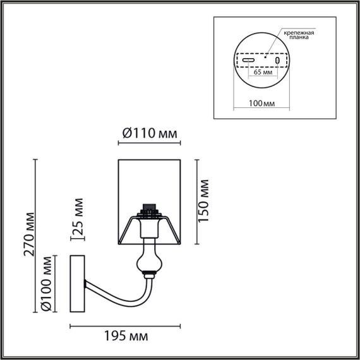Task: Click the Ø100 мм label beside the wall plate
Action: (46, 284)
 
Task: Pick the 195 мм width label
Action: (125, 335)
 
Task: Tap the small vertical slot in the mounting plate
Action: (277, 61)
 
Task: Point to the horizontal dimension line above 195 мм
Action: (125, 326)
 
